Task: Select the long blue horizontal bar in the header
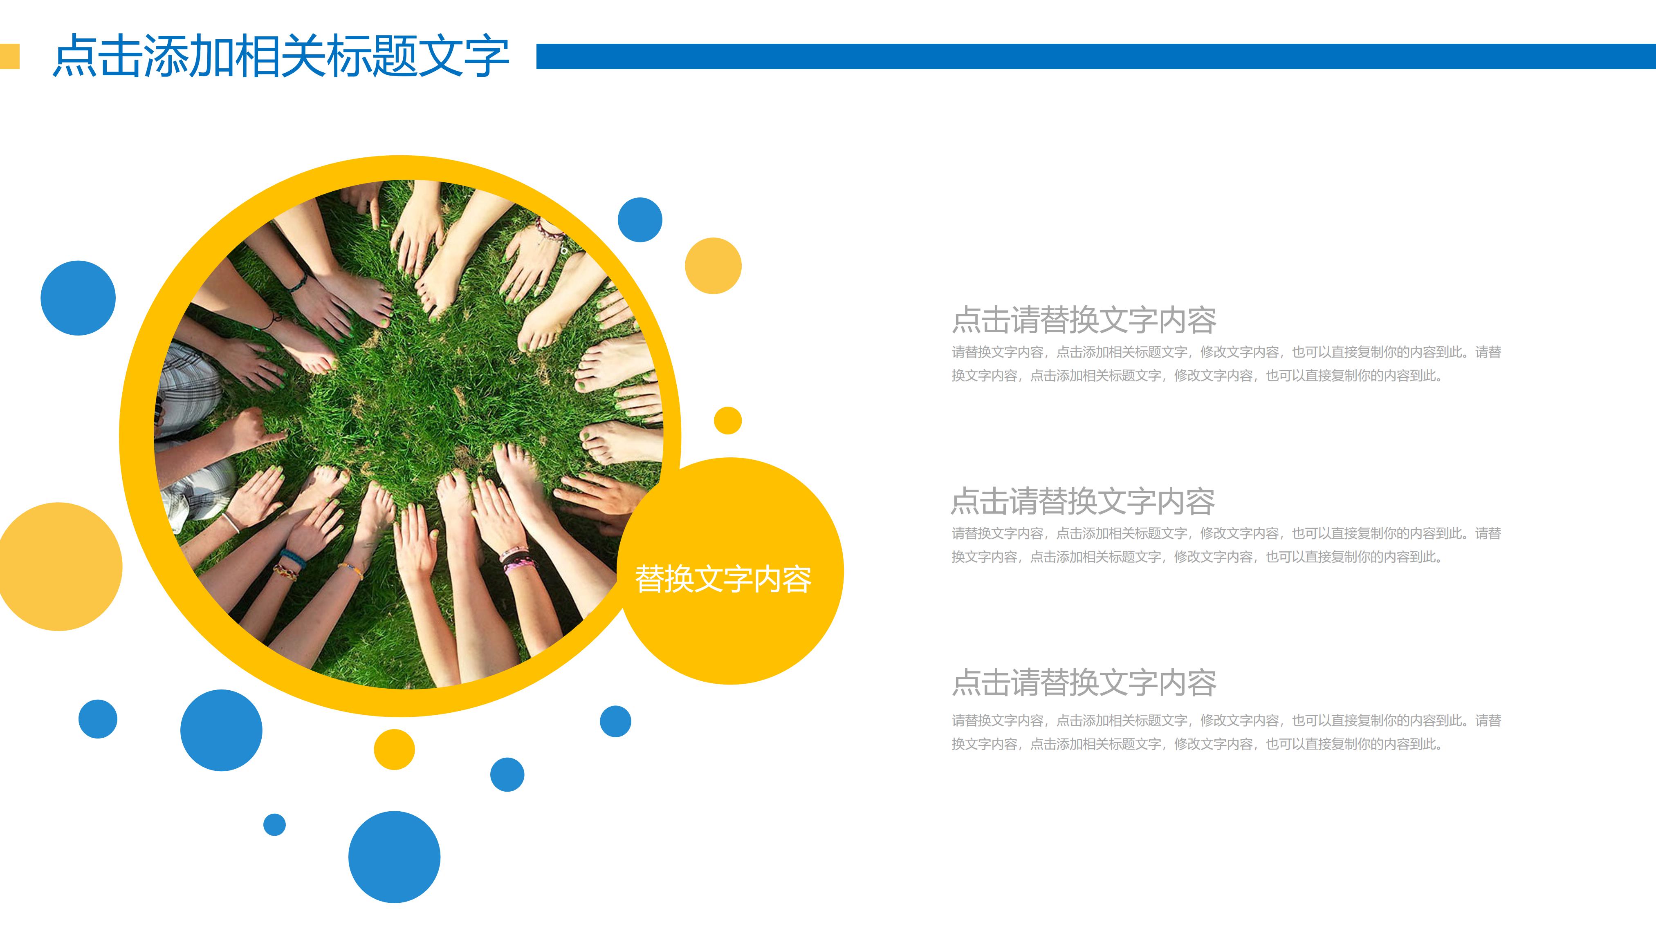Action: [x=1093, y=56]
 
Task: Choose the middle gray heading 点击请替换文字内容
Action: [x=1083, y=501]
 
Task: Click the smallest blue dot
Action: [x=274, y=824]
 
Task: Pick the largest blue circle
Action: [x=394, y=857]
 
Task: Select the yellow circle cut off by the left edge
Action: [x=59, y=567]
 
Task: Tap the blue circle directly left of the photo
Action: [x=78, y=298]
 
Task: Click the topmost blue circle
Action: [x=640, y=220]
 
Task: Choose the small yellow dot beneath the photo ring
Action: [x=394, y=749]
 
